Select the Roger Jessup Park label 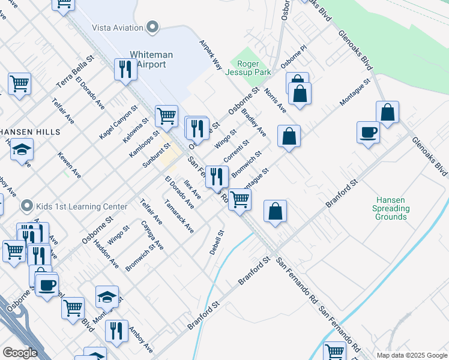tap(248, 67)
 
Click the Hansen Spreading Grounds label tap(391, 208)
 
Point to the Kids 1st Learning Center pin tap(26, 206)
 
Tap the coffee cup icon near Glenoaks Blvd tap(368, 133)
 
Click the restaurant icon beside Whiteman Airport tap(125, 69)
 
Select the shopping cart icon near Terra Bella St tap(19, 83)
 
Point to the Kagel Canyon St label tap(118, 122)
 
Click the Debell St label tap(217, 242)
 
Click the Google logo tap(20, 353)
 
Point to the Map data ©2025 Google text tap(411, 355)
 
